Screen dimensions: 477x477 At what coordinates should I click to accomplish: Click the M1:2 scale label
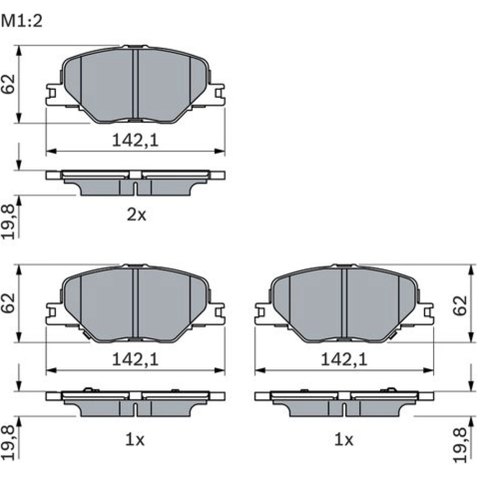coord(21,21)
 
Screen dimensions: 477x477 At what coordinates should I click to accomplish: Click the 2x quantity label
coord(136,215)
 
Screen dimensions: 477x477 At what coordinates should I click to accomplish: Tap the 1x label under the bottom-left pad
coord(135,440)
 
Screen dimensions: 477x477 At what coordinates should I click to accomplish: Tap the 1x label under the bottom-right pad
coord(344,440)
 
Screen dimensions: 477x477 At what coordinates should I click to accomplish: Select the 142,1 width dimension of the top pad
coord(135,141)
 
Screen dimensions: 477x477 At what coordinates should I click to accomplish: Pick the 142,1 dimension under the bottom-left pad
coord(135,360)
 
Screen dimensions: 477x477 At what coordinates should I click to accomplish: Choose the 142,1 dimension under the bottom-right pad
coord(344,360)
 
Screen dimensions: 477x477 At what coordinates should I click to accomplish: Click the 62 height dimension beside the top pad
coord(9,83)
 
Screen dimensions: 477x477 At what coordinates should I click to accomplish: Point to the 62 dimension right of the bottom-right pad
coord(460,305)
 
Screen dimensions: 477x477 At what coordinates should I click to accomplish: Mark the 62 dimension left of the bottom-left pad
coord(9,303)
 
